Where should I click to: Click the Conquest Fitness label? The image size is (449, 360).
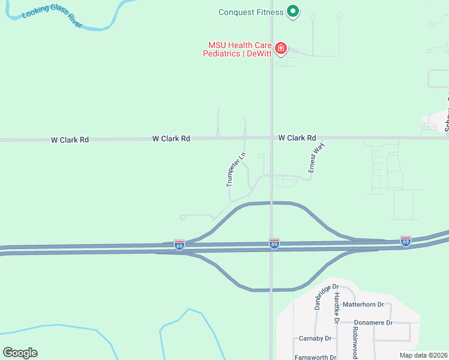click(x=250, y=11)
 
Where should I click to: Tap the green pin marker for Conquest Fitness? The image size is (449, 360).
click(x=293, y=11)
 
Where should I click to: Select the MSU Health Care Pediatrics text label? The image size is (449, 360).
click(x=240, y=49)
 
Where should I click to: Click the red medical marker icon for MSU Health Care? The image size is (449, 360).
click(x=280, y=48)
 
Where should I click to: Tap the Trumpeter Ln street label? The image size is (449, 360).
click(x=237, y=170)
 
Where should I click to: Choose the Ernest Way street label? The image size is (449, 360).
click(x=312, y=157)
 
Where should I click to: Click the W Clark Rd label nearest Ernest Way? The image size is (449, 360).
click(x=297, y=138)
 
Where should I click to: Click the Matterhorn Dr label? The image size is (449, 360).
click(x=365, y=305)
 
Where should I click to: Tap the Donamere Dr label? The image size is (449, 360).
click(x=373, y=323)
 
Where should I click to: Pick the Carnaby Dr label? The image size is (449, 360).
click(x=315, y=338)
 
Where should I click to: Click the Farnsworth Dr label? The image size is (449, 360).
click(x=315, y=356)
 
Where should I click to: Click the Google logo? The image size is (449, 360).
click(x=20, y=353)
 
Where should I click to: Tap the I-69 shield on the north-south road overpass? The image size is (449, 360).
click(x=274, y=244)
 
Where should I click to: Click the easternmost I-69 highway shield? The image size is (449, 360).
click(x=406, y=241)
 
